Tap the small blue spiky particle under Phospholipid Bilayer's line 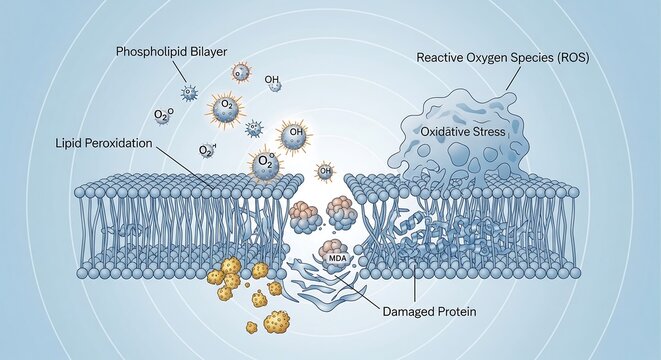[188, 93]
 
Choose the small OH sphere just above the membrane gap [324, 170]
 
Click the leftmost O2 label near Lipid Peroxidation [162, 116]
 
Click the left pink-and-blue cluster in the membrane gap [305, 213]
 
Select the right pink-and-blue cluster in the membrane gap [342, 210]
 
